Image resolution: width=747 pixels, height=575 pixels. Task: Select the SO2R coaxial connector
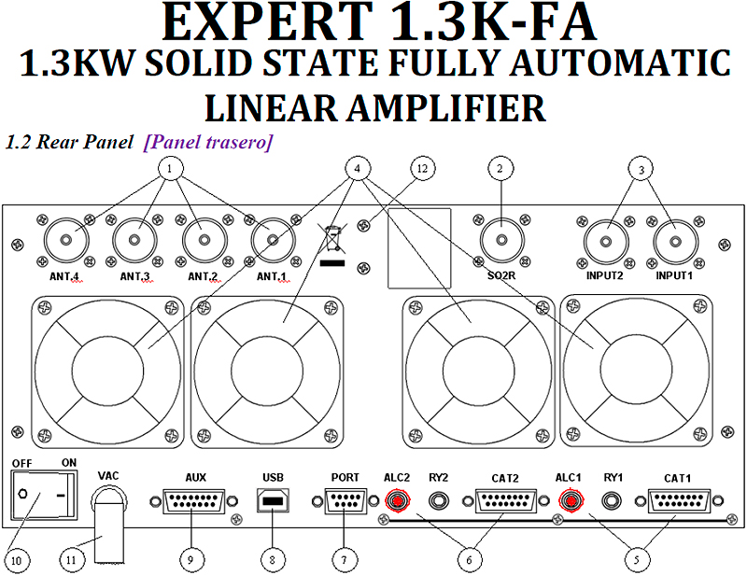coord(502,241)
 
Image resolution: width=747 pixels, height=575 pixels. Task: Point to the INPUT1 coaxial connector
coord(676,241)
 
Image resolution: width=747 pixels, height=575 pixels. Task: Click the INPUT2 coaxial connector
coord(607,241)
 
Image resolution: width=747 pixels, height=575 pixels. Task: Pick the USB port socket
coord(272,501)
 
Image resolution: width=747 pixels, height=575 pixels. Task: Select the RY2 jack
coord(439,501)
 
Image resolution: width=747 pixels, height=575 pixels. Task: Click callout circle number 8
coord(272,558)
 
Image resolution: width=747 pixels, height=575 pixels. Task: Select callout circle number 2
coord(501,169)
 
